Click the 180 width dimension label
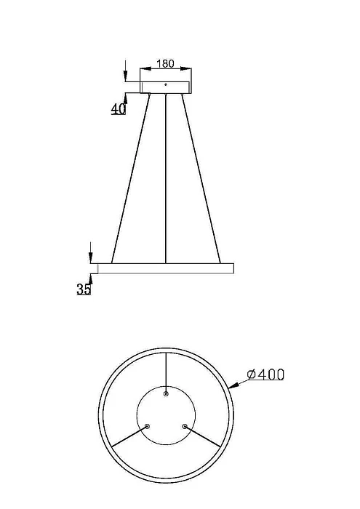[x=166, y=63]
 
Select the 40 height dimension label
[x=119, y=109]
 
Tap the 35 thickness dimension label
[x=84, y=289]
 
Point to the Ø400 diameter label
[x=265, y=375]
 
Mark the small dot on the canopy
[x=166, y=85]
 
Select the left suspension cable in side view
[x=131, y=178]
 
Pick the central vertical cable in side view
[x=166, y=178]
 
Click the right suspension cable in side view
[x=201, y=178]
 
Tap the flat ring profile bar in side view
[x=166, y=268]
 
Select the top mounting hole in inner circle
[x=166, y=393]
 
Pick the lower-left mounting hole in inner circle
[x=148, y=426]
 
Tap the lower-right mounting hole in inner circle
[x=185, y=426]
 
